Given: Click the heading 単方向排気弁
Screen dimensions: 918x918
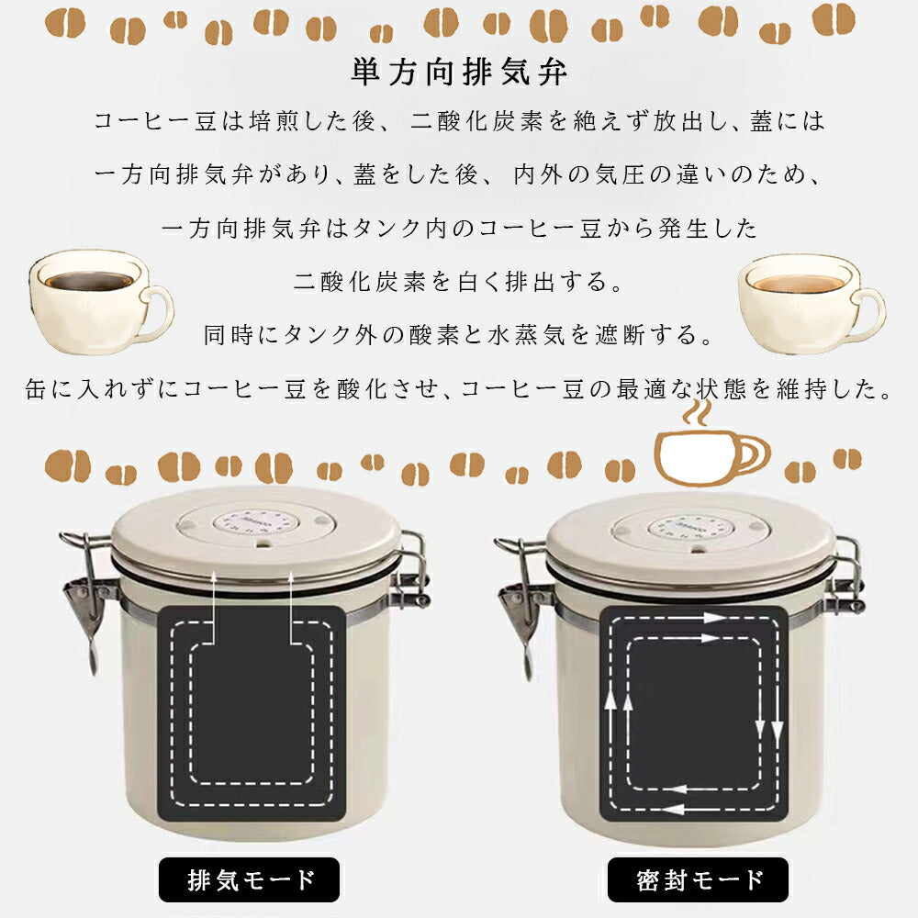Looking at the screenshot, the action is pyautogui.click(x=459, y=73).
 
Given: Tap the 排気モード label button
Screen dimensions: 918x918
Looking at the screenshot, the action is pyautogui.click(x=250, y=879).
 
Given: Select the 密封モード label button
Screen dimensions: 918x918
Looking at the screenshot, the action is pyautogui.click(x=698, y=879).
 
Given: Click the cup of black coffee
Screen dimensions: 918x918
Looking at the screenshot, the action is pyautogui.click(x=99, y=301).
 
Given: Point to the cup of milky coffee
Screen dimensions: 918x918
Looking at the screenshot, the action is pyautogui.click(x=811, y=303).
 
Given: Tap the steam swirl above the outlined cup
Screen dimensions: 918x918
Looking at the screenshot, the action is pyautogui.click(x=697, y=411).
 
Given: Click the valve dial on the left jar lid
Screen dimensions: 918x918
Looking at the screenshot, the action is pyautogui.click(x=255, y=523).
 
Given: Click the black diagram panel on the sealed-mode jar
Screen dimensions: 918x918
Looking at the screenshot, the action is pyautogui.click(x=694, y=713).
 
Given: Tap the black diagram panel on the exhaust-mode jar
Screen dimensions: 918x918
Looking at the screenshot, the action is pyautogui.click(x=252, y=713).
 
